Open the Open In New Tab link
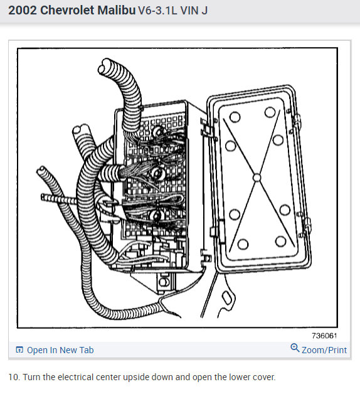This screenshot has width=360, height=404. [60, 350]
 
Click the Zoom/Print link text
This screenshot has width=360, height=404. [324, 350]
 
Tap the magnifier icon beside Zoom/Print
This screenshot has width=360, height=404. [295, 349]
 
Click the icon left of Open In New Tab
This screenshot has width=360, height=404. [19, 350]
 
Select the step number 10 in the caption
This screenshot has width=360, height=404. [13, 377]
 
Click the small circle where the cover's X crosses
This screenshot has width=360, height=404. [256, 178]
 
